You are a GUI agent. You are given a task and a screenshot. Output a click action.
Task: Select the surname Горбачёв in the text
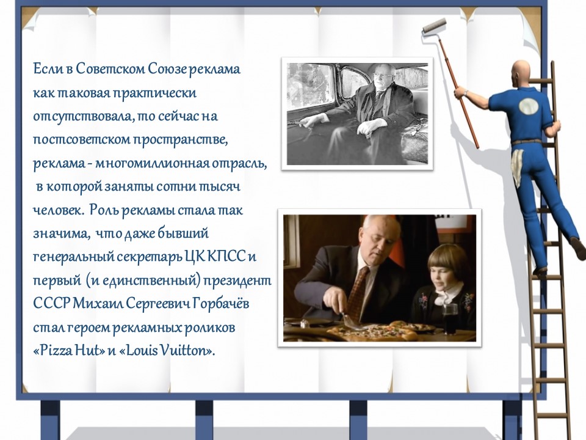[x=221, y=304]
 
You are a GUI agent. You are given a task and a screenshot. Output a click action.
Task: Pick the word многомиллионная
[x=152, y=164]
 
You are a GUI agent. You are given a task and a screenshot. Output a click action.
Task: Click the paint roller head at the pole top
[x=434, y=27]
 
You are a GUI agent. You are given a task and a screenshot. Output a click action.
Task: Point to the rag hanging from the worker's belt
[x=518, y=166]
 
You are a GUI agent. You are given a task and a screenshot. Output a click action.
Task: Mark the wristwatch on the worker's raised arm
[x=466, y=92]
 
